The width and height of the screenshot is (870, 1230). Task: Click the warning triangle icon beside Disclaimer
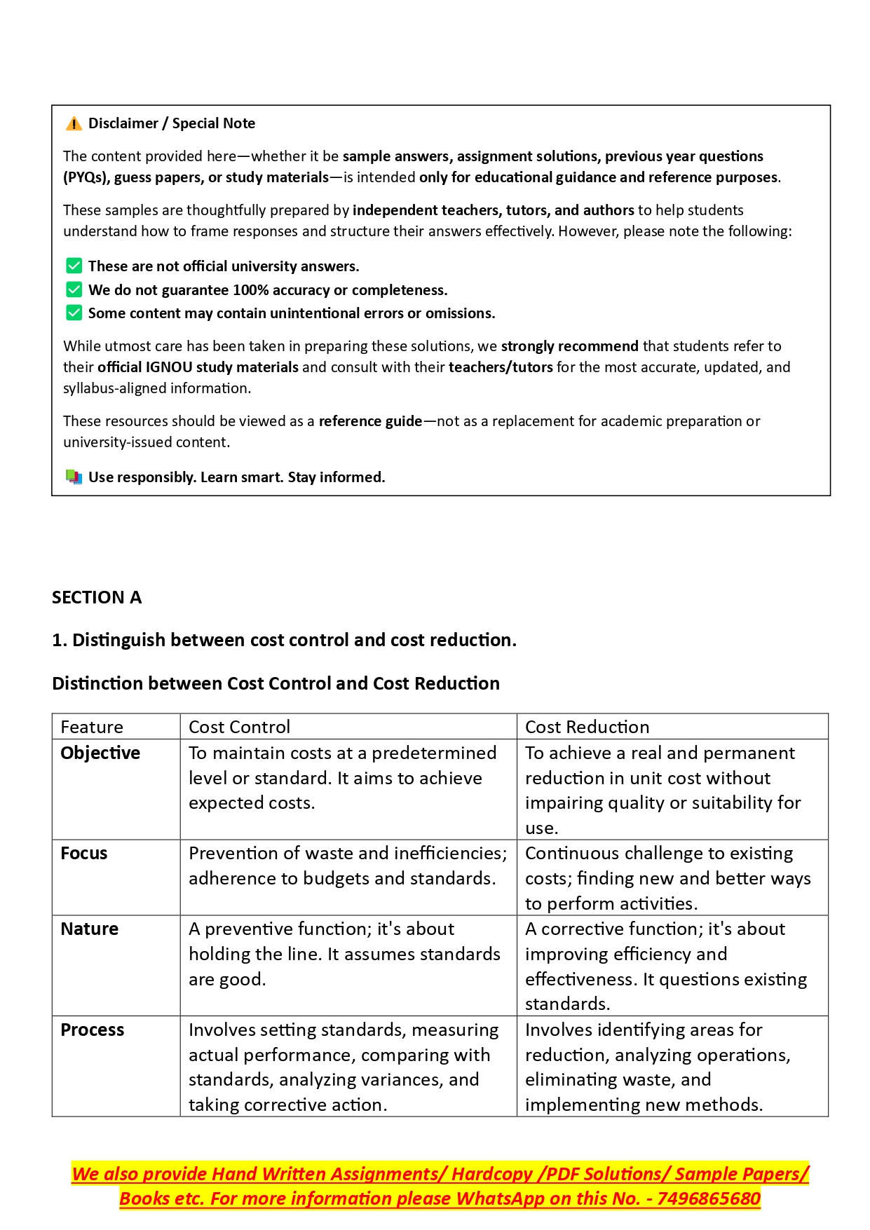74,124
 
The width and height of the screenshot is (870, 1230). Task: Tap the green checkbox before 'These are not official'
74,266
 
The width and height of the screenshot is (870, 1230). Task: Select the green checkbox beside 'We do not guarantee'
74,289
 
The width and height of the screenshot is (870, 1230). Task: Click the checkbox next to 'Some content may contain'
74,313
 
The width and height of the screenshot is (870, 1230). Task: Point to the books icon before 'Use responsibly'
74,477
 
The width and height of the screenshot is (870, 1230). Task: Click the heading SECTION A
97,598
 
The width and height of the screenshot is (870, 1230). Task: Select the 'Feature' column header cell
92,727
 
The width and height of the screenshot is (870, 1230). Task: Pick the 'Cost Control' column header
239,727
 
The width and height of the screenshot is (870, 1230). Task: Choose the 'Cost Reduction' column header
587,727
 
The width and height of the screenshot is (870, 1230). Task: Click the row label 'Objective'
100,753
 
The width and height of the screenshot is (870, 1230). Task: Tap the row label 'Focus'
84,854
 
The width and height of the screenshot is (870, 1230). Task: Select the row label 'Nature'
89,929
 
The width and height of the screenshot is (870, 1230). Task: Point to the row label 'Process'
92,1030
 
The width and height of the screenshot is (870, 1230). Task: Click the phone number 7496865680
708,1199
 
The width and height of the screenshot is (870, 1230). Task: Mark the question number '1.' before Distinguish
60,641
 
